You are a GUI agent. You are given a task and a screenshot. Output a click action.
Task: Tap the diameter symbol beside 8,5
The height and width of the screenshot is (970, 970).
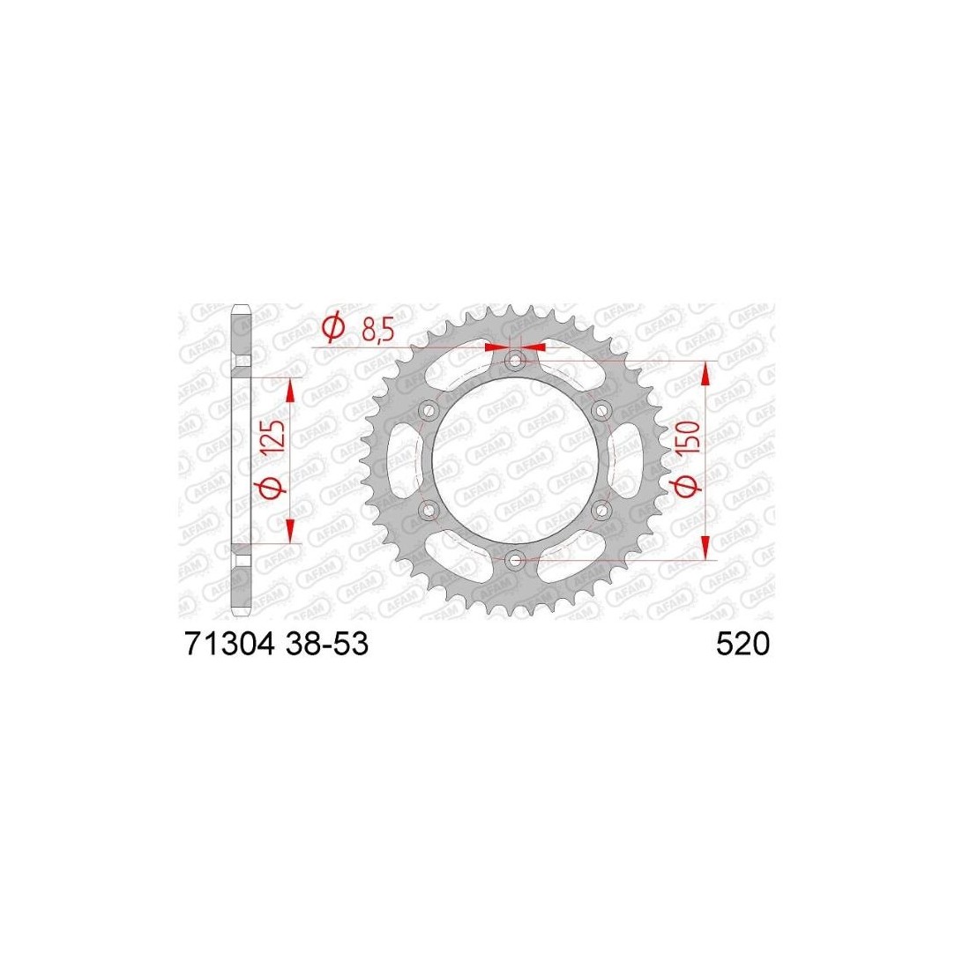click(333, 328)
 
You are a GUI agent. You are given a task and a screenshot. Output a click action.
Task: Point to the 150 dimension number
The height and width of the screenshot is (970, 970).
click(690, 437)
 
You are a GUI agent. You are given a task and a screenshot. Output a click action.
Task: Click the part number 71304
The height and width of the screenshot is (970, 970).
click(229, 644)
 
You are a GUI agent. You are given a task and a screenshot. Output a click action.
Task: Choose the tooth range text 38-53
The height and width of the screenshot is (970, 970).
click(326, 644)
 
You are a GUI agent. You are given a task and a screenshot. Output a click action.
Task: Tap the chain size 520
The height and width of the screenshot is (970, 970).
click(743, 644)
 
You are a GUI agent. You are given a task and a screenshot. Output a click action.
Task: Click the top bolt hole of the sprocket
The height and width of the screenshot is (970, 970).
click(515, 360)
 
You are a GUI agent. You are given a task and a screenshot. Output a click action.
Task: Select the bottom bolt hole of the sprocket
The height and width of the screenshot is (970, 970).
click(515, 561)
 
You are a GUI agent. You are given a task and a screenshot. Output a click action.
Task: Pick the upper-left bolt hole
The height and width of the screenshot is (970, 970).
click(428, 410)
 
